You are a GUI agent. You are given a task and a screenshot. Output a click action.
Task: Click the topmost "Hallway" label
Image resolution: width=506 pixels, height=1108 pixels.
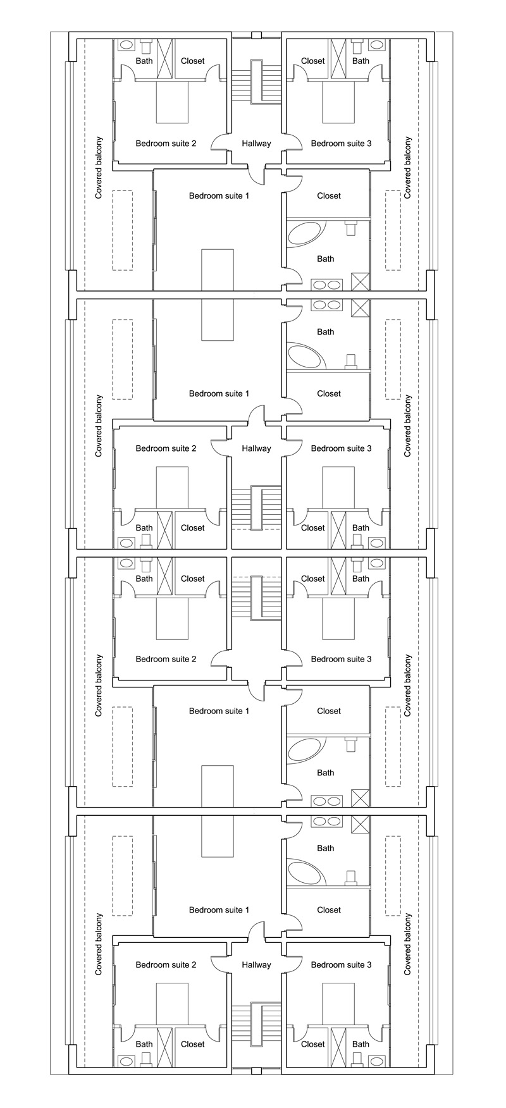coord(256,144)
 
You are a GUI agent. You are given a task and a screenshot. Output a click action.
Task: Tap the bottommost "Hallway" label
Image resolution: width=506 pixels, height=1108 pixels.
coord(256,965)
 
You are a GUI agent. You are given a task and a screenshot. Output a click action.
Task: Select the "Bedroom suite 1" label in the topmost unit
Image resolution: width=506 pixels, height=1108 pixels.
coord(219,195)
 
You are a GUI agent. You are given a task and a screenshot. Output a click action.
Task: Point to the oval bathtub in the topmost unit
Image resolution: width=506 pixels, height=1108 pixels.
coord(305,234)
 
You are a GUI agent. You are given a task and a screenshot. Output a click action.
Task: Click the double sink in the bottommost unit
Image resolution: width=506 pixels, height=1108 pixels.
coord(327,822)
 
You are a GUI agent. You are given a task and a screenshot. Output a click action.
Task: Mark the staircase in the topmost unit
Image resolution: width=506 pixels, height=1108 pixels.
coord(256,82)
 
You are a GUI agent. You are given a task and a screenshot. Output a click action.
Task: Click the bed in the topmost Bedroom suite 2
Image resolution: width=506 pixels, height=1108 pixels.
coord(172,102)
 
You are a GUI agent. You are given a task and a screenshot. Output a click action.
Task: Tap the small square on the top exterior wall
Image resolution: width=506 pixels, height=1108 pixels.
coord(256,35)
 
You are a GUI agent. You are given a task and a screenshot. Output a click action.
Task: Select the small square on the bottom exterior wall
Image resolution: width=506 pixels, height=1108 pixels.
coord(256,1071)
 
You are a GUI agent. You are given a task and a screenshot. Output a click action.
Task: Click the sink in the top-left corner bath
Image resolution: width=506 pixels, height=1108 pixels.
coord(126,46)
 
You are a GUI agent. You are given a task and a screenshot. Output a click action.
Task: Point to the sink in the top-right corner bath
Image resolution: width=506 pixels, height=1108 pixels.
coord(377,46)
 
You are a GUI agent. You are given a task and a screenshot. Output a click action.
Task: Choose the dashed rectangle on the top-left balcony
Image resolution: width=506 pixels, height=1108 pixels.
coord(123,231)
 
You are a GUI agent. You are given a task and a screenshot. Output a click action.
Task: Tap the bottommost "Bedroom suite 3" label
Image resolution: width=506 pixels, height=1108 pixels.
coord(341,965)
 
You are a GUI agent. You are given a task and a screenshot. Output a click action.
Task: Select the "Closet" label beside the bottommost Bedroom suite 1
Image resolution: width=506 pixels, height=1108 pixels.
coord(329,910)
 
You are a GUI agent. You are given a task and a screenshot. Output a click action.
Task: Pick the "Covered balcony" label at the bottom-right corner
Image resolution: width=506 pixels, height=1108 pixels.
coord(407,944)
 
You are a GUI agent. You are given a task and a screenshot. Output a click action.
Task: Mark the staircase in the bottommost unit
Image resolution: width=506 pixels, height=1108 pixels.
coord(256,1025)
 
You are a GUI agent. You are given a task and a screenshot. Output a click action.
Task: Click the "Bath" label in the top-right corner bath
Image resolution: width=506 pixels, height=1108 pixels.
coord(361,61)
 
